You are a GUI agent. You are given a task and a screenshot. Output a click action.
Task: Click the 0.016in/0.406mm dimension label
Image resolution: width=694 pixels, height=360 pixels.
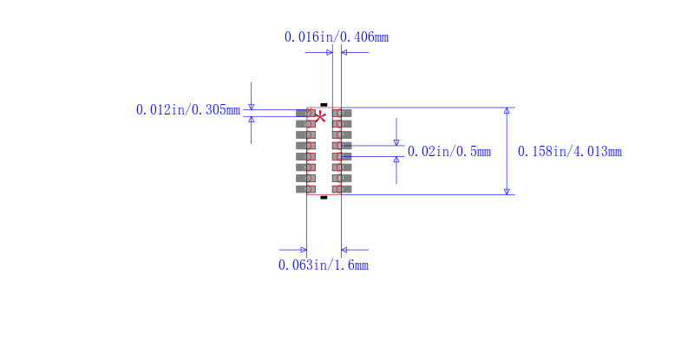[x=337, y=36]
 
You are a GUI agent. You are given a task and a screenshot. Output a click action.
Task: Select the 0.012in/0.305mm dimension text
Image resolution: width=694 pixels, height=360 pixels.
[x=187, y=109]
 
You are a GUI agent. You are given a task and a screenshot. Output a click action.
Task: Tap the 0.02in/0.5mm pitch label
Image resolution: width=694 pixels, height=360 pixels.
[x=449, y=151]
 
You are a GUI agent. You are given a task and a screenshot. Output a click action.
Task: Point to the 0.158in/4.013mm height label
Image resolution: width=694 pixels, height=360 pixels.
[x=570, y=151]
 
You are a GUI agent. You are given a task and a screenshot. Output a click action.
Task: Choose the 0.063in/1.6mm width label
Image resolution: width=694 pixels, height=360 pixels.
[x=324, y=265]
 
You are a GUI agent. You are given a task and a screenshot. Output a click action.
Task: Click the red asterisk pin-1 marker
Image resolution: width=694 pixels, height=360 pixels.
[x=320, y=116]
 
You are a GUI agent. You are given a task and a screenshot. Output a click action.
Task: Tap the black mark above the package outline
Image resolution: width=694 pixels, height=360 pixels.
[x=324, y=103]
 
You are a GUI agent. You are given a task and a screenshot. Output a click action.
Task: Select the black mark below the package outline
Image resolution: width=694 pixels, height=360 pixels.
[x=324, y=198]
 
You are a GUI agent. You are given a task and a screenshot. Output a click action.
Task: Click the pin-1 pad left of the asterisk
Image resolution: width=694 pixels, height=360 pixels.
[x=305, y=113]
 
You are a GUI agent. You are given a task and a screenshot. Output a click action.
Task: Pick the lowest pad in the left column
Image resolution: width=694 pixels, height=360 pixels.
[x=305, y=188]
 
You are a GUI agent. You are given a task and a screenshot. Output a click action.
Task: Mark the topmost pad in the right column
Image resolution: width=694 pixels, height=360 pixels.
[x=342, y=113]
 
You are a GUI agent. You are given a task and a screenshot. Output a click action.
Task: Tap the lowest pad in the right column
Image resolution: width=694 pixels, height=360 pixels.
[x=342, y=188]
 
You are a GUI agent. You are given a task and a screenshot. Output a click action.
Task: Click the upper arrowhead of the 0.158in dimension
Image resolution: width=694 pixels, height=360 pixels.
[x=507, y=111]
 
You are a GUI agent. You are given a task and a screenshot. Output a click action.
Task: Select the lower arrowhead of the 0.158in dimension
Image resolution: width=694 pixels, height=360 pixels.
[x=507, y=191]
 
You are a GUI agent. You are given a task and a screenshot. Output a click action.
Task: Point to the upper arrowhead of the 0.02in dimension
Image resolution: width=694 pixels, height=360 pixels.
[x=396, y=142]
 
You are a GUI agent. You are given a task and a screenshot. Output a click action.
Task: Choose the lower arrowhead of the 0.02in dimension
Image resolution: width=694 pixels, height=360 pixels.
[x=396, y=160]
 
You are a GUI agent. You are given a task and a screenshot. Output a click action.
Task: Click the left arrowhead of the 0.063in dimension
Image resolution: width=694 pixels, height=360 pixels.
[x=303, y=250]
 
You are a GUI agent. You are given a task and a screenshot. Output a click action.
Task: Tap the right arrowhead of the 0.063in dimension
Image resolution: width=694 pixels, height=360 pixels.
[x=345, y=250]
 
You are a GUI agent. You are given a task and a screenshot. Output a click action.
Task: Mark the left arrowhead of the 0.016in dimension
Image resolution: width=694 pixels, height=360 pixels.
[x=329, y=52]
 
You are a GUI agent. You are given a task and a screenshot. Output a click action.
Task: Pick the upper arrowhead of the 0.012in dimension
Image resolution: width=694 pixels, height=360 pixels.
[x=252, y=107]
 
